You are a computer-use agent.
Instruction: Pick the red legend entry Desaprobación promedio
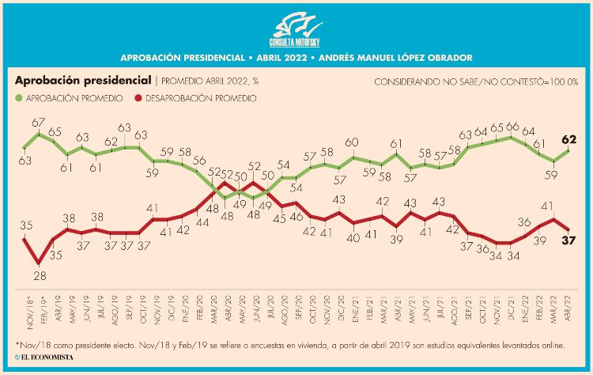[195, 98]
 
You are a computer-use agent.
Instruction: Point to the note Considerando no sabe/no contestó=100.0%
[476, 81]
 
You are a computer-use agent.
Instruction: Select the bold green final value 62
[568, 139]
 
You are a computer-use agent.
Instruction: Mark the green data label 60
[353, 142]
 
